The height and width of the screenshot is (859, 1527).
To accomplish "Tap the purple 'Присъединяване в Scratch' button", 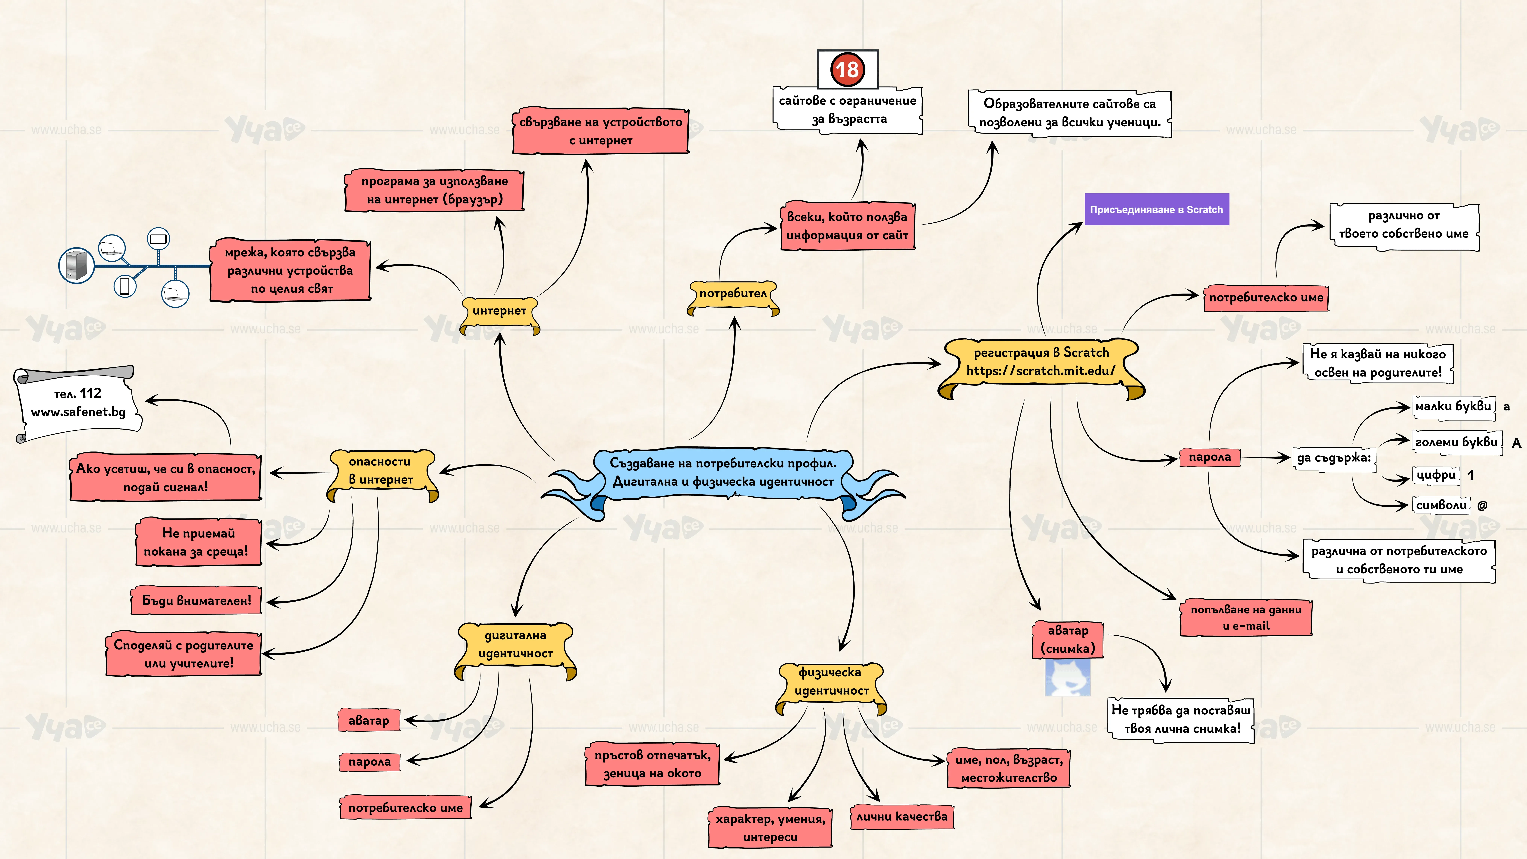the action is click(1157, 209).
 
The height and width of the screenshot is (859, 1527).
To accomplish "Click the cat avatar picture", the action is click(1068, 678).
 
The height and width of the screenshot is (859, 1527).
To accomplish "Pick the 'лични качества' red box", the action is click(902, 817).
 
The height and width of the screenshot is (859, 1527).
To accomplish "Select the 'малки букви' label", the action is click(1453, 407).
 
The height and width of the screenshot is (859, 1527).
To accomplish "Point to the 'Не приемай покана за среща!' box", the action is click(199, 542).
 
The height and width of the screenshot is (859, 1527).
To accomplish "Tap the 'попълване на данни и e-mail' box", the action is click(1246, 618).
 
